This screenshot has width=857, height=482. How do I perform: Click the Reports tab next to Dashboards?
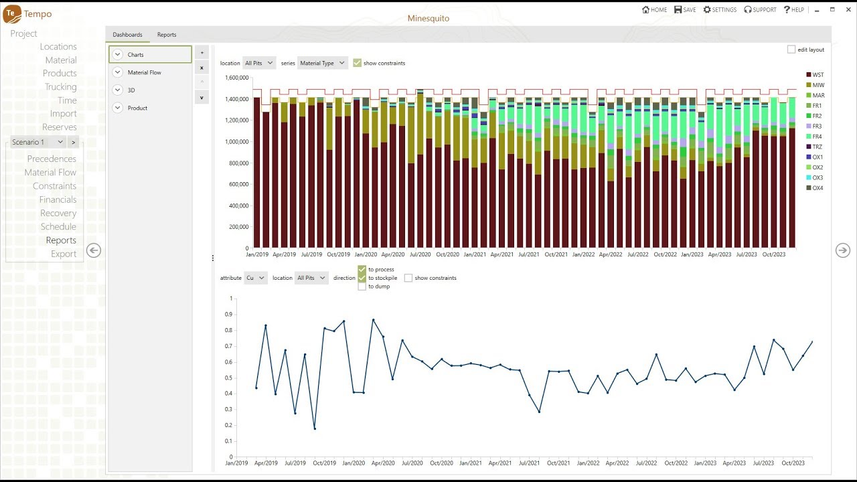click(167, 35)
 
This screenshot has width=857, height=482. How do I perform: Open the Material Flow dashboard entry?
click(144, 72)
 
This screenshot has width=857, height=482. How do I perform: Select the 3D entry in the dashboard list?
click(131, 90)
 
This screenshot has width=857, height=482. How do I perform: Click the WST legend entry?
click(817, 75)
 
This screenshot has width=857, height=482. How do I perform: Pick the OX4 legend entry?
click(817, 188)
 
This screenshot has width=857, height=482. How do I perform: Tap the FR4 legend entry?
click(816, 137)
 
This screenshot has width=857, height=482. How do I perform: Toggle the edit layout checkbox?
click(791, 50)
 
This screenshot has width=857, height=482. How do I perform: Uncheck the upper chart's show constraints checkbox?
click(358, 63)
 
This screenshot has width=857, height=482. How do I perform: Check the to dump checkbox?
click(362, 287)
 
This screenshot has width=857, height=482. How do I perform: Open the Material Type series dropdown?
click(322, 63)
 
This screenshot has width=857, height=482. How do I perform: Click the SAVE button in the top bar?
click(685, 10)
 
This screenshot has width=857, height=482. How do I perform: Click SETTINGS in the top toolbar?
click(720, 10)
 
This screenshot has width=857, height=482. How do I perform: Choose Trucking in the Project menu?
click(60, 87)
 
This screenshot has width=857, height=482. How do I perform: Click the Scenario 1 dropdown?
click(37, 142)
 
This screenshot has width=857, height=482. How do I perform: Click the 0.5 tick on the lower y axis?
click(230, 378)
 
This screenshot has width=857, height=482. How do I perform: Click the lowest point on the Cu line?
click(315, 428)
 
